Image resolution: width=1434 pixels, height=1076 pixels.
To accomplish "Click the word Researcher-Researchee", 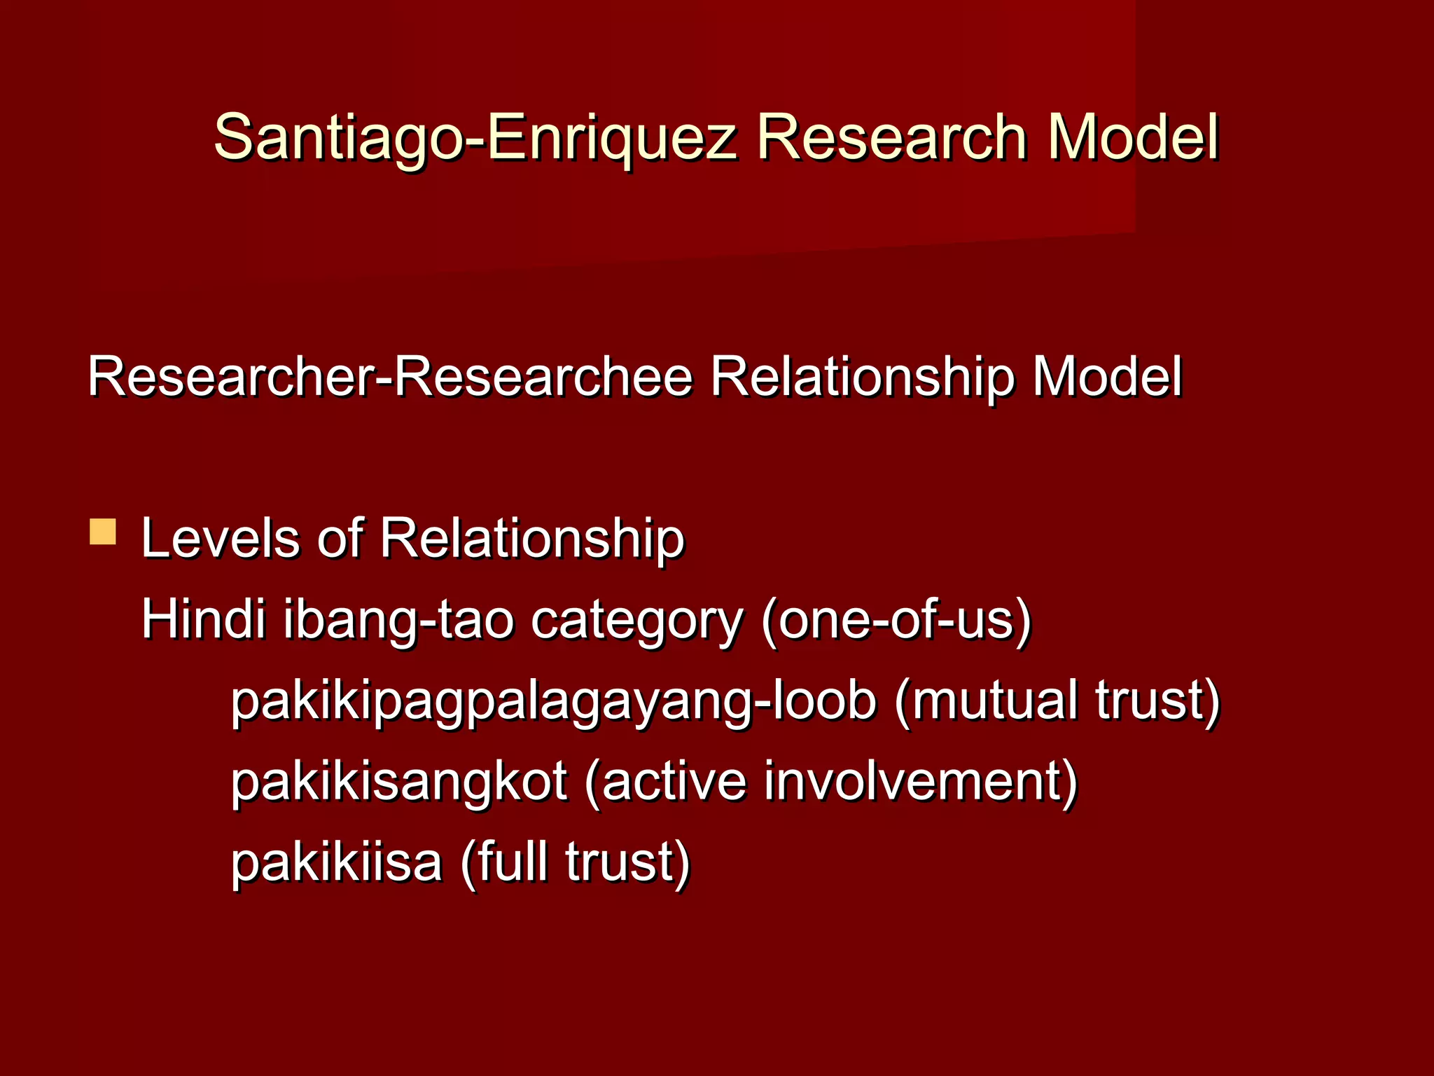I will click(390, 378).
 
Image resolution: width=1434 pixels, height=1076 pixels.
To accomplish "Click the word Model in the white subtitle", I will click(1107, 378).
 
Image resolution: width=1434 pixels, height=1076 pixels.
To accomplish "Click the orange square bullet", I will click(103, 532).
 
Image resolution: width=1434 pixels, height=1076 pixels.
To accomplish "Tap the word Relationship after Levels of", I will click(532, 540).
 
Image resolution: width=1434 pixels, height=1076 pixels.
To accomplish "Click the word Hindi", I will click(204, 620).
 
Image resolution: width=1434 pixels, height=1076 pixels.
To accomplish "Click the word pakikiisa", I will click(337, 862).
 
